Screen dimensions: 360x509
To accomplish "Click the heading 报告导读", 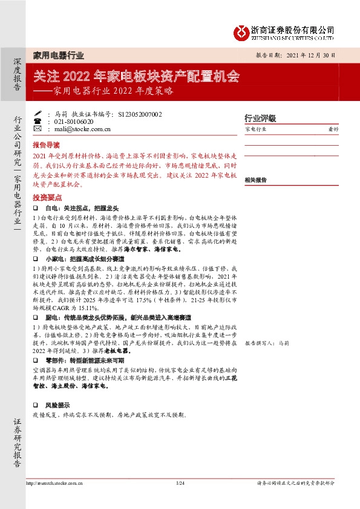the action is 47,146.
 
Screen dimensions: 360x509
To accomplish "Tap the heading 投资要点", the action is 47,198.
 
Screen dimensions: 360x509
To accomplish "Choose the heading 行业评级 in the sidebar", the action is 260,118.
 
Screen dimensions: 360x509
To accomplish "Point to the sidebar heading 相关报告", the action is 256,180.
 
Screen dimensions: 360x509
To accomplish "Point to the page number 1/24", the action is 180,483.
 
